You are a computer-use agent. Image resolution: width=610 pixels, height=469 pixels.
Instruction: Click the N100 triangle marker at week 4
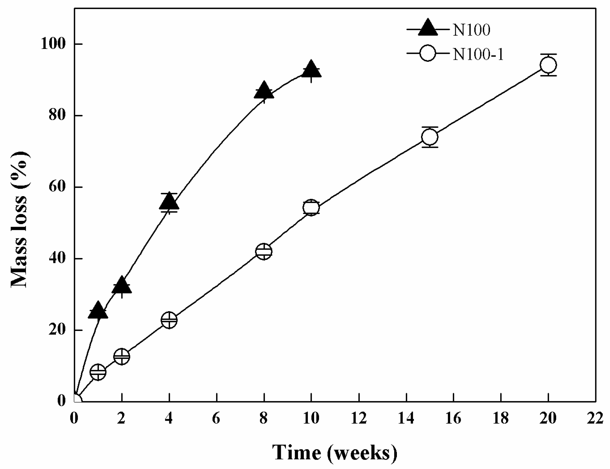coord(169,202)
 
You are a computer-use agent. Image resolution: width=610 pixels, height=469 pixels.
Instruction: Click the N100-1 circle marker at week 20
coord(548,65)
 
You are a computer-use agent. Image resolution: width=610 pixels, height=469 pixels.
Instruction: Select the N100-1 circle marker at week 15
coord(430,137)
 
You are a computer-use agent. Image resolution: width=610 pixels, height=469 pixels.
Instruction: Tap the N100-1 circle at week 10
coord(311,208)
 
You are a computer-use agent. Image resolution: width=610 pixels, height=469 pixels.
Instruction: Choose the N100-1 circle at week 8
coord(264,251)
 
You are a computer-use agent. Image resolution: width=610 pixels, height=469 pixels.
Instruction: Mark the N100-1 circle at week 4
coord(169,320)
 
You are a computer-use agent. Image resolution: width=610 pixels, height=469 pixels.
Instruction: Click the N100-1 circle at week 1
coord(98,372)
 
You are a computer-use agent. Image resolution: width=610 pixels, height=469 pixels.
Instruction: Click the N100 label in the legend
coord(471,30)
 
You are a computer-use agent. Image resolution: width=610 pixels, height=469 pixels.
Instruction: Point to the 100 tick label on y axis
coord(53,44)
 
